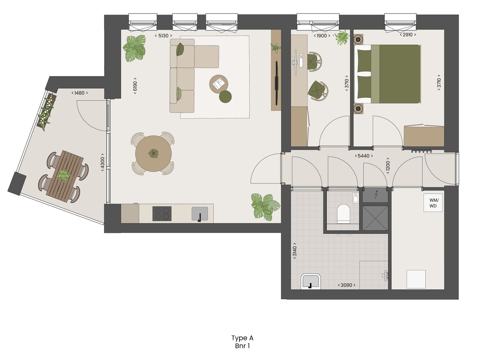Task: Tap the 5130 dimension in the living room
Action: pos(163,36)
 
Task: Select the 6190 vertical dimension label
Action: pos(135,86)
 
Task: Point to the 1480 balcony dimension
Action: pos(79,93)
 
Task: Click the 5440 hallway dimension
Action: pos(363,156)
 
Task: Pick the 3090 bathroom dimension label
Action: pos(346,285)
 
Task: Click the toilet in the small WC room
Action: pos(344,213)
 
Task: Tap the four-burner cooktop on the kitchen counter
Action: pos(162,213)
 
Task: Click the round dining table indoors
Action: pos(153,154)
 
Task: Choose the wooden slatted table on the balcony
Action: pos(65,176)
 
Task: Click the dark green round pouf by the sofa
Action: pos(225,96)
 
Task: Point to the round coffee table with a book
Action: pos(219,83)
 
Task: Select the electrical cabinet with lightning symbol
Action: pos(375,195)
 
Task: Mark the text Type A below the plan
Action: pos(242,338)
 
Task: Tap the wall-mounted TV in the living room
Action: pos(277,83)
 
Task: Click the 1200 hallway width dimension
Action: pos(388,166)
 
